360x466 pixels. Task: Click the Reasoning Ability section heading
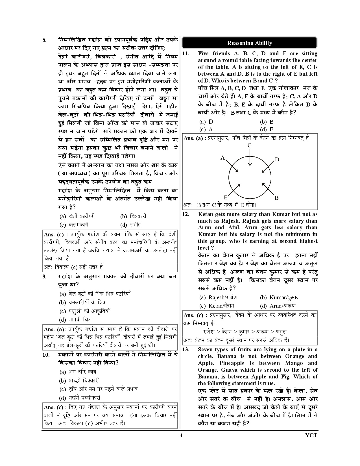pos(250,43)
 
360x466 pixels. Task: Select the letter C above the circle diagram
pos(249,145)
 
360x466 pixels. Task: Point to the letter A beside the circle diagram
pos(222,158)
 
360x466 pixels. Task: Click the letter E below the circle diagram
pos(225,197)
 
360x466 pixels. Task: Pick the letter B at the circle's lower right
pos(276,198)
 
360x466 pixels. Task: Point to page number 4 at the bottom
pos(181,435)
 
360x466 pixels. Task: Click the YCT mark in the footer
pos(311,435)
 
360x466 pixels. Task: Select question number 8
pos(44,40)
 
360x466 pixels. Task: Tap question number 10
pos(46,355)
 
